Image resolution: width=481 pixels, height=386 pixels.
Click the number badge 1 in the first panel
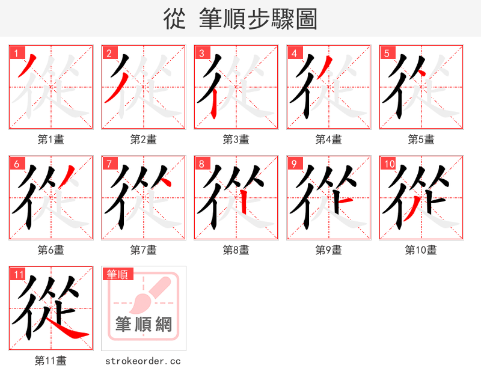coord(16,53)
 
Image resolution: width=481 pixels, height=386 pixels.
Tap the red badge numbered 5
coord(387,53)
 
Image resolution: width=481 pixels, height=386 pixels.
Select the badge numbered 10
coord(388,164)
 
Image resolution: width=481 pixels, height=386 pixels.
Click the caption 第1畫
coord(51,139)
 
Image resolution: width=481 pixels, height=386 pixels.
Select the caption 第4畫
coord(328,139)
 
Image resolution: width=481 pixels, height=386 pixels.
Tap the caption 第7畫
coord(143,250)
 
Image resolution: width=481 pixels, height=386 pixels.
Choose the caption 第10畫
coord(421,250)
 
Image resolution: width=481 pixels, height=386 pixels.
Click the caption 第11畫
coord(51,361)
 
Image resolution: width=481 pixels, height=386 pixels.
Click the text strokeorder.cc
coord(143,361)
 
